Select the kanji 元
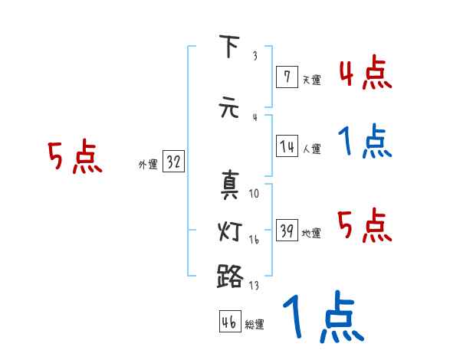tap(229, 107)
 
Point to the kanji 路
tap(229, 275)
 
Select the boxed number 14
tap(287, 146)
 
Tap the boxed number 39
tap(287, 231)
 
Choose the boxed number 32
tap(173, 162)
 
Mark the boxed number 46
tap(229, 322)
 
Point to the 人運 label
tap(311, 149)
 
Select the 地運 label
tap(311, 233)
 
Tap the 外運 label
tap(148, 164)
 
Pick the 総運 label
tap(255, 325)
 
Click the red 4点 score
tap(365, 74)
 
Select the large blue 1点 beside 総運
tap(322, 319)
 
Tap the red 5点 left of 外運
tap(74, 158)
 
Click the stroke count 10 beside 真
tap(255, 194)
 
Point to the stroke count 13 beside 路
tap(255, 286)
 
